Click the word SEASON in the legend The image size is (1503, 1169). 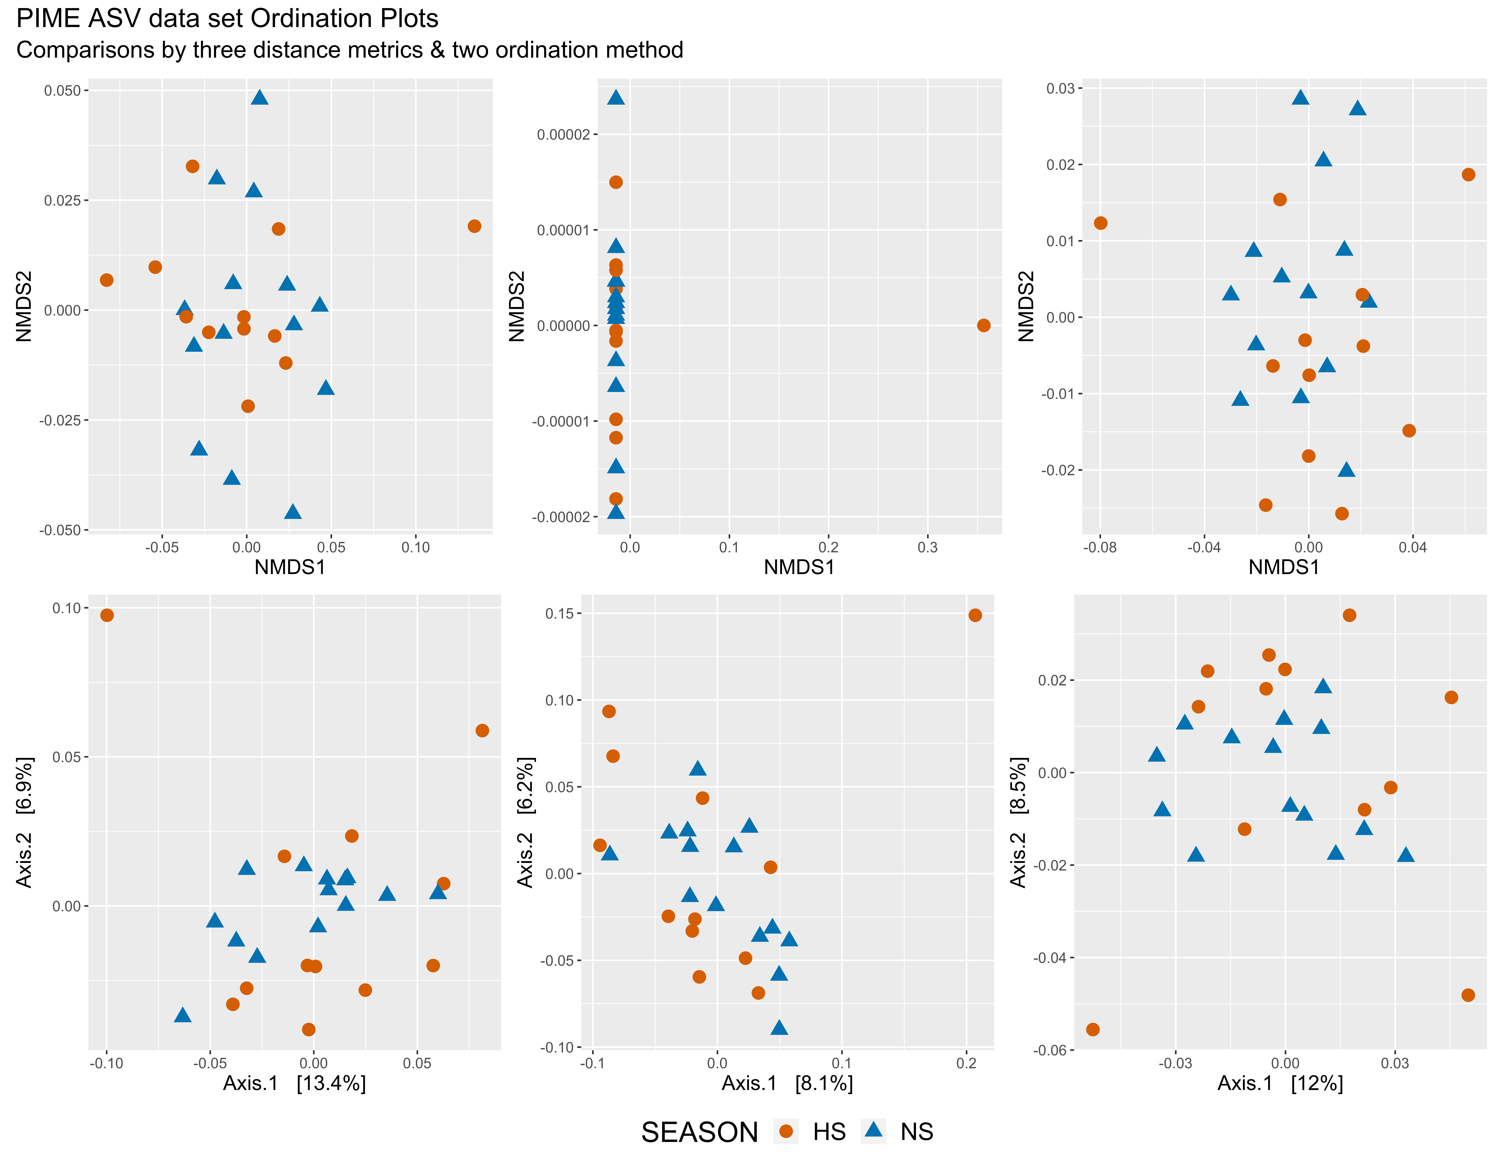pos(699,1132)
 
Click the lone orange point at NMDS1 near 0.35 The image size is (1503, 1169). pos(983,325)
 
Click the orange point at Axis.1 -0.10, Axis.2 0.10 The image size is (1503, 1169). pos(107,615)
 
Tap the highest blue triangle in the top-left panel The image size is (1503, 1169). pos(259,97)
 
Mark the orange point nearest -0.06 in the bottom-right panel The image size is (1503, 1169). pos(1093,1029)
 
